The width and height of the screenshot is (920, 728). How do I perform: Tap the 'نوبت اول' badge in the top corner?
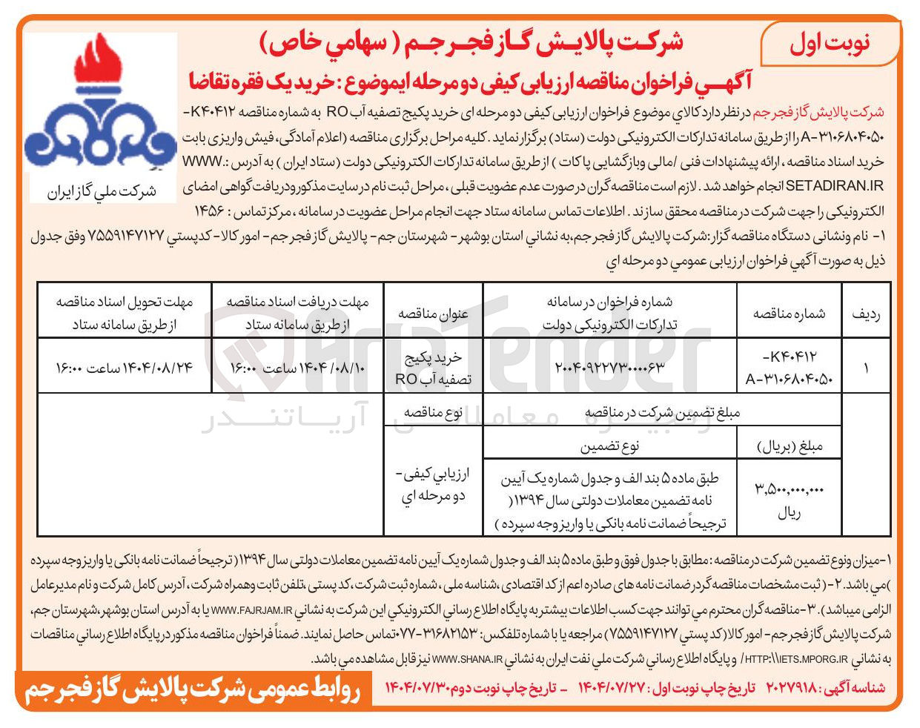(x=830, y=42)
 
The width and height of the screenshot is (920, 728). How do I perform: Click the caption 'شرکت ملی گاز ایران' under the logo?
(x=102, y=191)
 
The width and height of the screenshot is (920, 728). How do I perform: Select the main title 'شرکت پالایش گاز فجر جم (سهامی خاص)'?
(x=471, y=42)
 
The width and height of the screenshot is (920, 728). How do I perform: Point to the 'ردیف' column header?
(x=866, y=313)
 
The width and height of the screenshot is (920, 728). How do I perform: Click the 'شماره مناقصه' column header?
(x=789, y=313)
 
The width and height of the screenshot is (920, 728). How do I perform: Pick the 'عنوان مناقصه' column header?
(x=433, y=313)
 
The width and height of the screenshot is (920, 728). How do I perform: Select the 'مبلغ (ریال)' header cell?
(x=789, y=446)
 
